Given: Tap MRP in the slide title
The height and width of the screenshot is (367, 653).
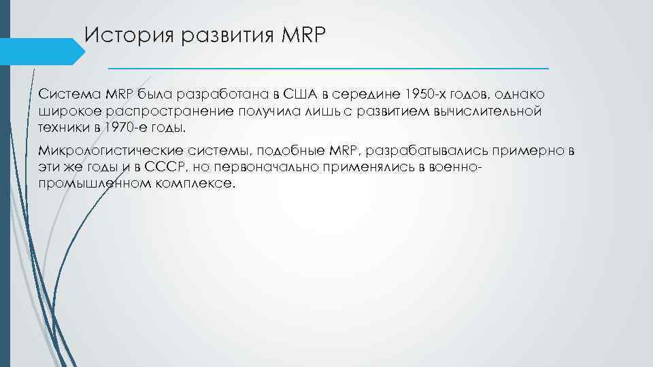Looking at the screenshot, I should pyautogui.click(x=303, y=35).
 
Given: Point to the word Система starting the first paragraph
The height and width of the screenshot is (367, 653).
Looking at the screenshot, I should pyautogui.click(x=65, y=93).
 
